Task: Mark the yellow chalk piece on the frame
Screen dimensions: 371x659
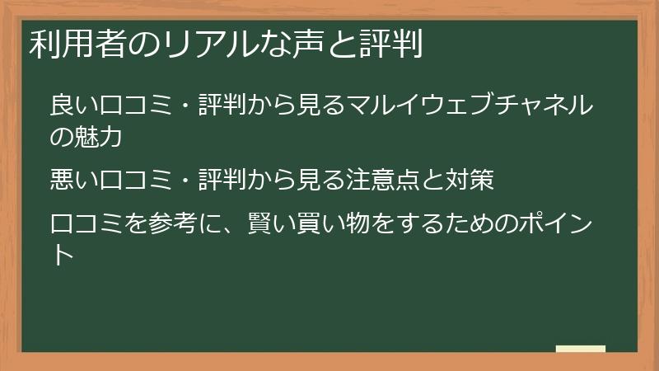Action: click(x=580, y=349)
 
